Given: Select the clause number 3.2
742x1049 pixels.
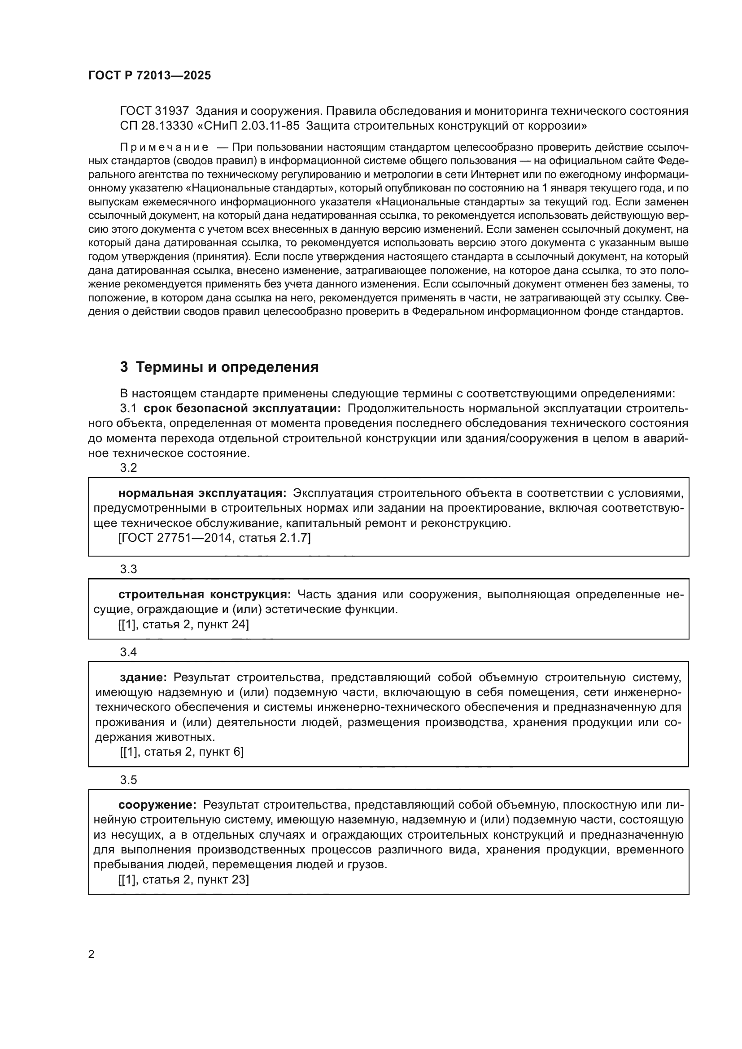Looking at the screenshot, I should coord(128,467).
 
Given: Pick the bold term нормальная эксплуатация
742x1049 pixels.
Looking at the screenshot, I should coord(202,493).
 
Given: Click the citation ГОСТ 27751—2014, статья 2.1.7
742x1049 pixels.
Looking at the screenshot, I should coord(214,538).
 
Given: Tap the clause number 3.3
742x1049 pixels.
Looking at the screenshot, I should coord(128,569).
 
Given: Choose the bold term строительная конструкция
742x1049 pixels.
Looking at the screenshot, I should coord(204,594).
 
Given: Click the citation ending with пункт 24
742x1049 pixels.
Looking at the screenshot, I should coord(183,624).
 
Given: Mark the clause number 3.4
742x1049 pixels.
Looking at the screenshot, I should coord(128,652).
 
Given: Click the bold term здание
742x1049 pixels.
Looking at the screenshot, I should coord(143,677).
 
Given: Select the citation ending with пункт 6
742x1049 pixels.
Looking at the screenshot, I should coord(181,752).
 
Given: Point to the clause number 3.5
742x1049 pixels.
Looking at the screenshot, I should coord(128,779).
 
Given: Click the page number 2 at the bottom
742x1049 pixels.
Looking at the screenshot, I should coord(92,954).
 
